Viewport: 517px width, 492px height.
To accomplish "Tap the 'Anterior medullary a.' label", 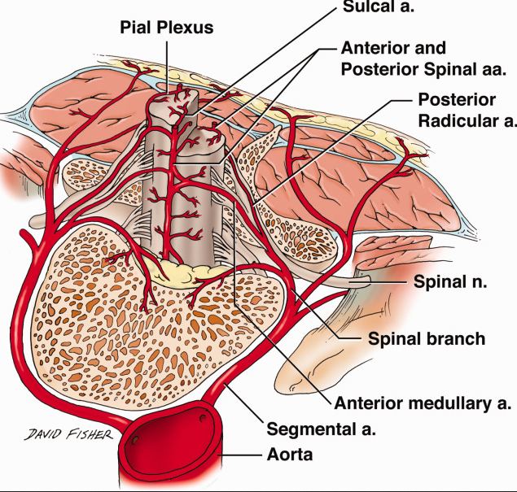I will point(423,403).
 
